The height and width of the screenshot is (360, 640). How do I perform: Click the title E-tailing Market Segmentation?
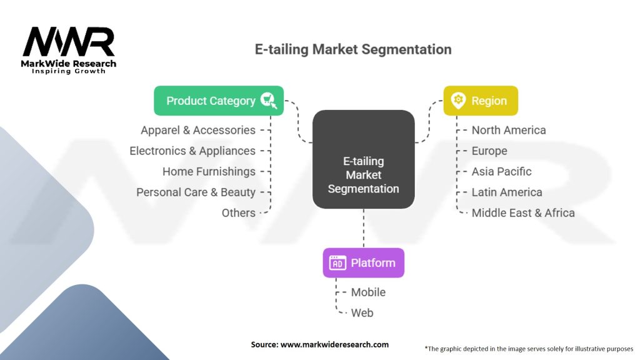tap(352, 49)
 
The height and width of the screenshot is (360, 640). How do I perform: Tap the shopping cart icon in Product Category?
tap(269, 101)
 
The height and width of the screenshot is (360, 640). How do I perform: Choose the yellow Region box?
tap(481, 101)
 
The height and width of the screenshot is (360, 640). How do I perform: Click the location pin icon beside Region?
tap(459, 100)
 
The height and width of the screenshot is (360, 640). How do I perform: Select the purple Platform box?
tap(363, 262)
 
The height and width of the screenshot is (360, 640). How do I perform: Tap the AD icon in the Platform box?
tap(337, 263)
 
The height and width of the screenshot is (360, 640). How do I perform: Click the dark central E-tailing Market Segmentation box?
tap(363, 159)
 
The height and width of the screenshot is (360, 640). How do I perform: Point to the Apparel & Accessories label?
tap(198, 130)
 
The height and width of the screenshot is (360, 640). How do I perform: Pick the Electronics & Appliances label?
tap(192, 151)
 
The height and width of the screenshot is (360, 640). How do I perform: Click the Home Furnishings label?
tap(209, 171)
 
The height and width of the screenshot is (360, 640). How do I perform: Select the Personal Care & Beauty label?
tap(196, 192)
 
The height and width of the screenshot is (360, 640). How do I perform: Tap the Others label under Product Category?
tap(238, 212)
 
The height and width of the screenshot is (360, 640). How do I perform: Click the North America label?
tap(508, 130)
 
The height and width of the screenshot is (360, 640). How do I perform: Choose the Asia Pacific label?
tap(501, 171)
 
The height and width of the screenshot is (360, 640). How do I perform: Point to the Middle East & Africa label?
tap(522, 212)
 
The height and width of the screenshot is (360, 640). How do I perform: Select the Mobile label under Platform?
tap(368, 292)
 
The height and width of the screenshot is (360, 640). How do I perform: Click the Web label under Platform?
tap(362, 312)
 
